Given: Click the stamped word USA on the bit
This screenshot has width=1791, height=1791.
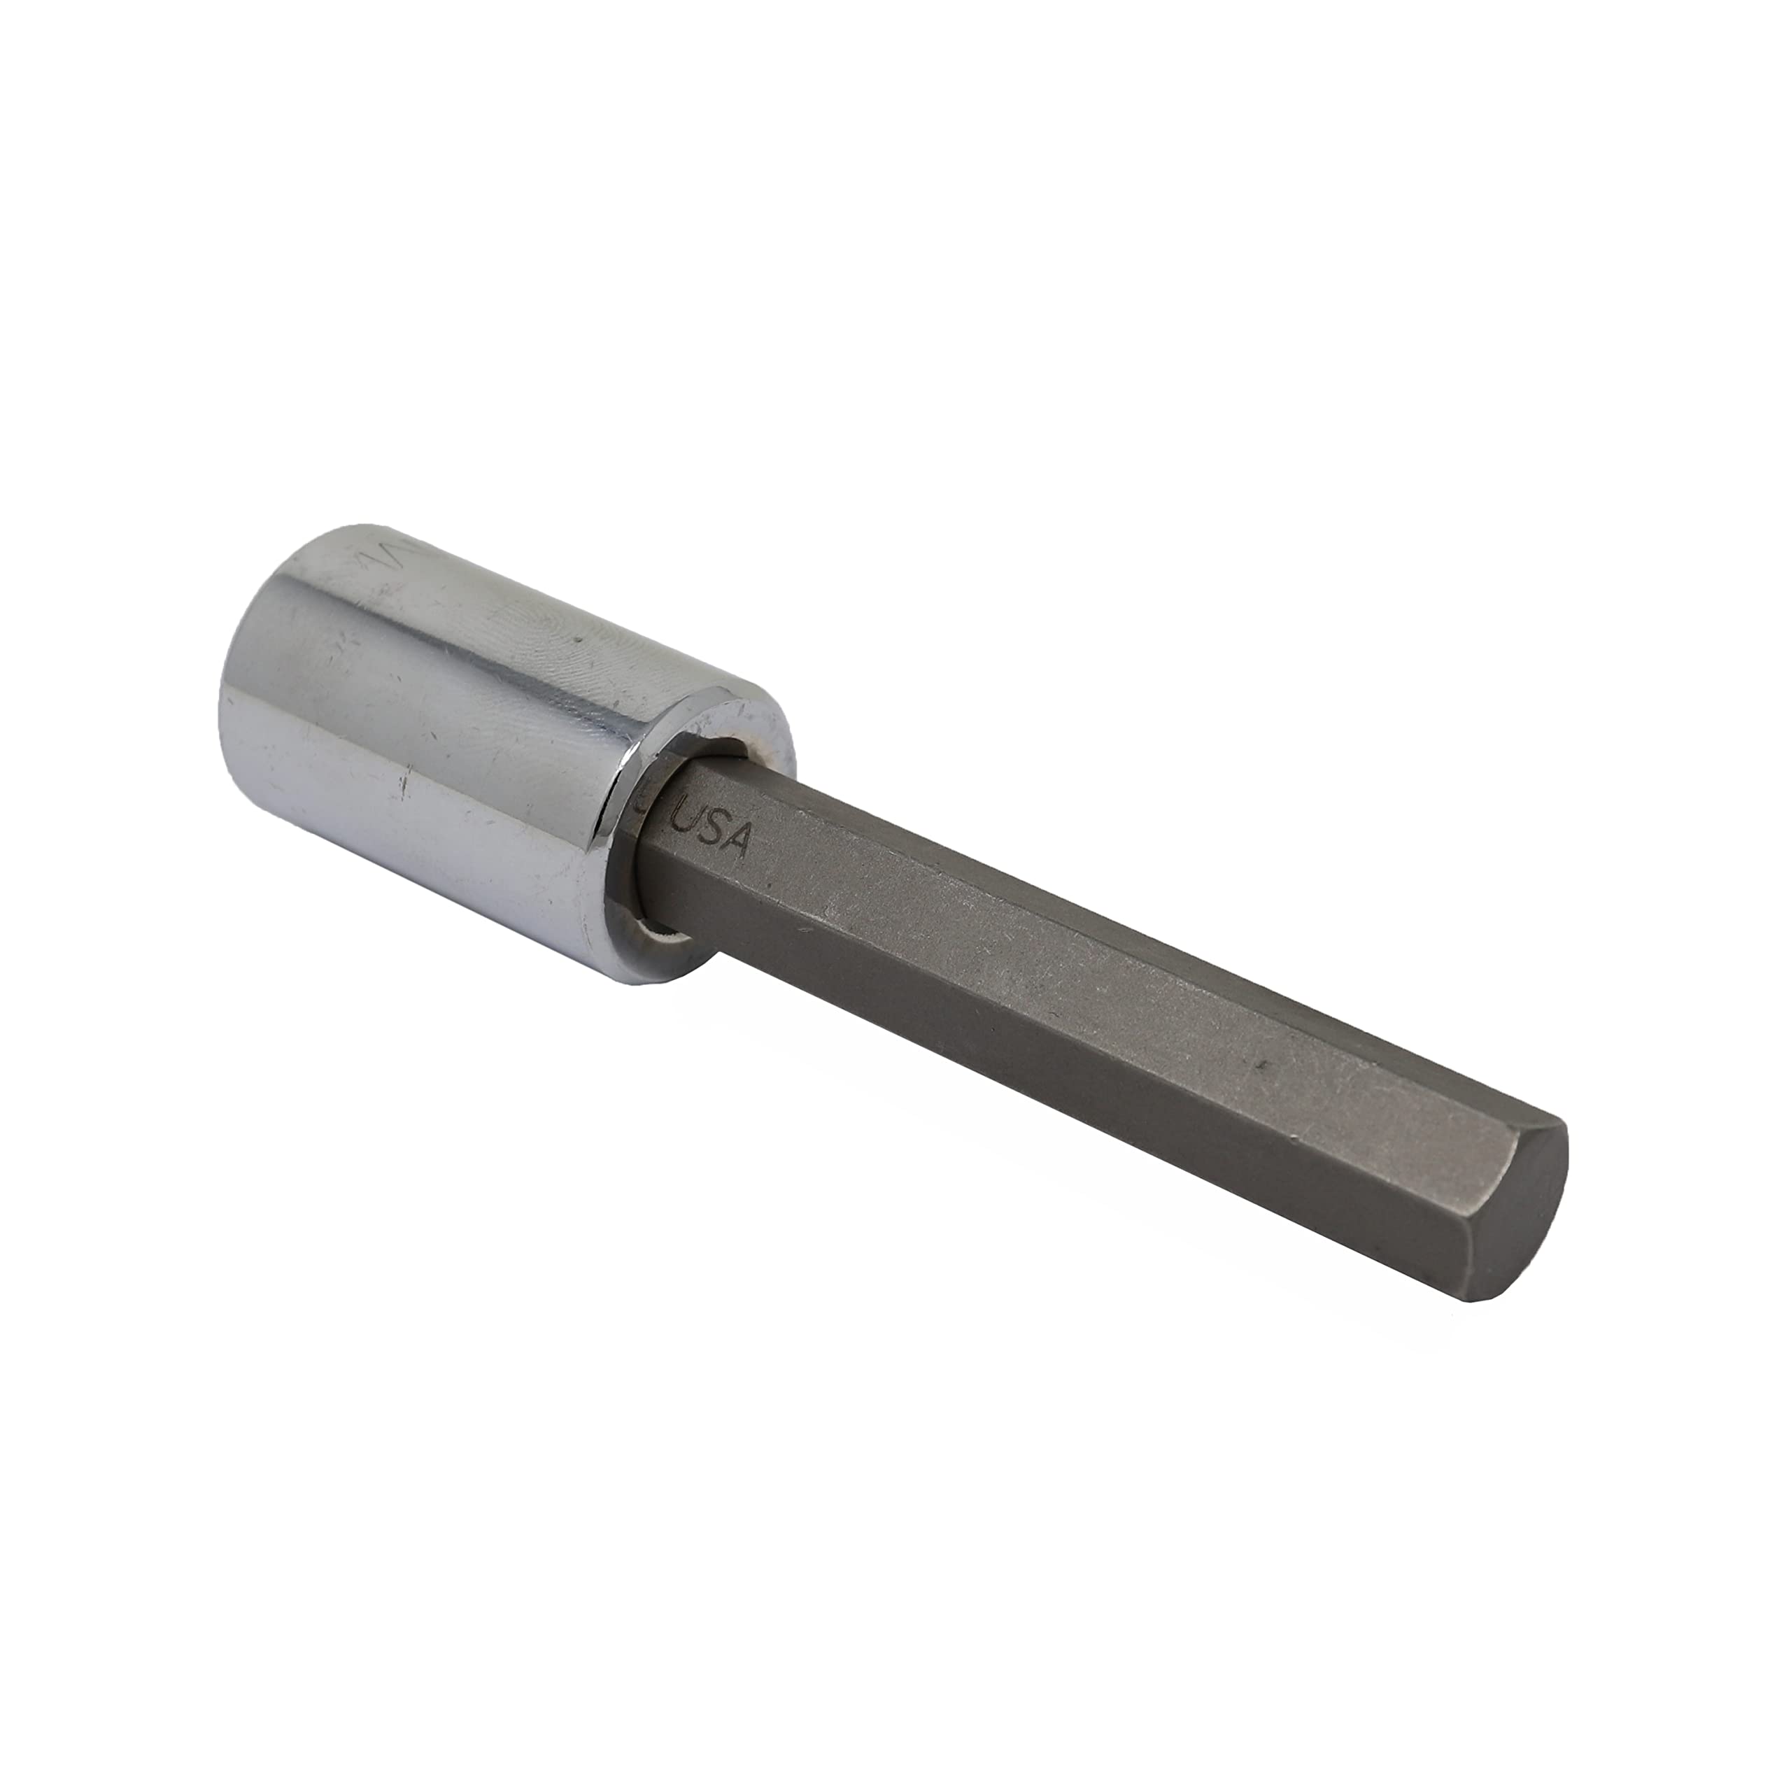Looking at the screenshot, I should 719,832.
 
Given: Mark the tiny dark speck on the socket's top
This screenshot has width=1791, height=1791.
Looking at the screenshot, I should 579,639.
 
